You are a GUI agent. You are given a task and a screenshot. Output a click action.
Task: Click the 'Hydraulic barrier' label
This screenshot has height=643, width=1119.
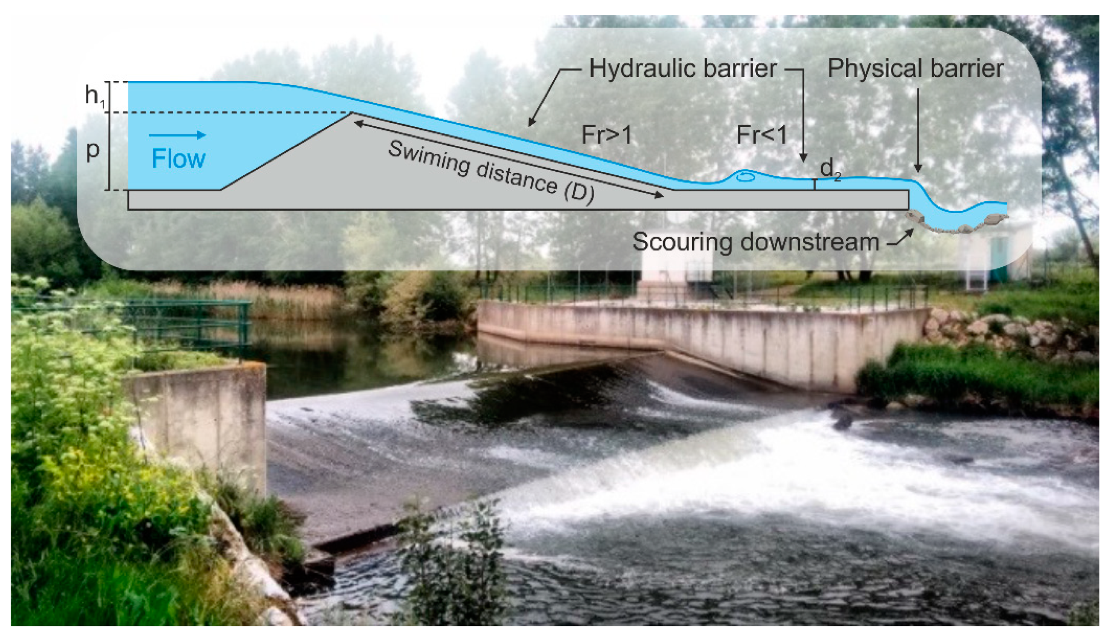pos(682,69)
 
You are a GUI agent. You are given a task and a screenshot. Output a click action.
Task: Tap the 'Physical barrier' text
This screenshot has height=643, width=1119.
pos(915,69)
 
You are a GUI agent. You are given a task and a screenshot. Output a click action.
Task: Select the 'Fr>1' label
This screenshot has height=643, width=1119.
pos(606,135)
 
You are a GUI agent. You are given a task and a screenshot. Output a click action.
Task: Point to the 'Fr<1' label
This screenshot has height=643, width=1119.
pos(762,135)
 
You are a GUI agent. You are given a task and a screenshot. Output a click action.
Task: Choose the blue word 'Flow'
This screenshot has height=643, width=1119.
pos(178,159)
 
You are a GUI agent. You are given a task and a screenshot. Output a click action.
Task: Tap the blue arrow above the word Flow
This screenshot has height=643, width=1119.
pos(177,135)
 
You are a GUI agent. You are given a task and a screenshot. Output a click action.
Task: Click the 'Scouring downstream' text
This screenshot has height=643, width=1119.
pos(756,242)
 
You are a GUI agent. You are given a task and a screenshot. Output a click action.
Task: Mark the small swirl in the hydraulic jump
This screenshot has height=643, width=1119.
pos(746,177)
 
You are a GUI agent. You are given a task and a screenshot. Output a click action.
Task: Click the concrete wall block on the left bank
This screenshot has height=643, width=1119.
pos(199,420)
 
